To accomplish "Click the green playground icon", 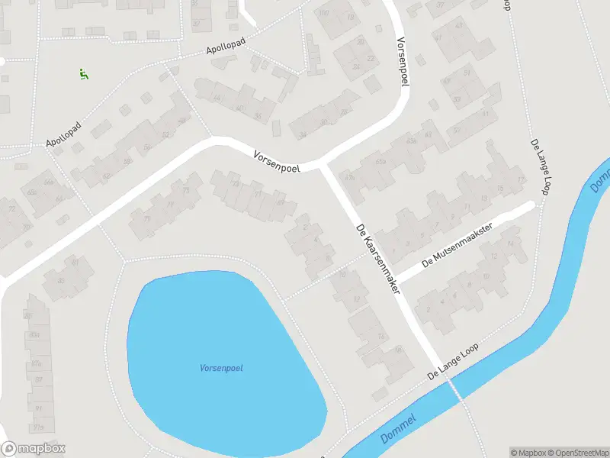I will (x=83, y=74).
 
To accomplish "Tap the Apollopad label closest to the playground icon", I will (x=63, y=133).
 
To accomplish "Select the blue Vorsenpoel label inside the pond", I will (x=221, y=369).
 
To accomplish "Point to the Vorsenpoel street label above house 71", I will (x=277, y=160).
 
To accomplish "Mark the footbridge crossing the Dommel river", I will (x=456, y=389).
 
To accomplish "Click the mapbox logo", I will (x=34, y=449).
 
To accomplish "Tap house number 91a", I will (x=37, y=427).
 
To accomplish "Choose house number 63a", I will (x=413, y=141).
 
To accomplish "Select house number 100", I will (x=323, y=13).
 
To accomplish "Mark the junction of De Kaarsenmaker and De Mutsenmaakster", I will (x=396, y=278).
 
